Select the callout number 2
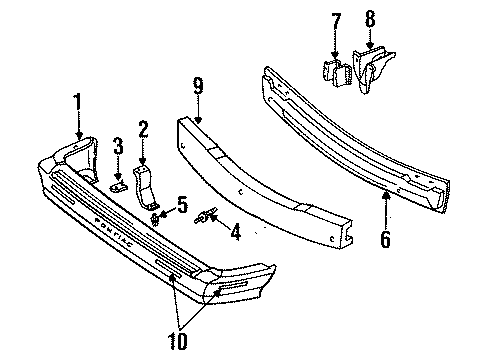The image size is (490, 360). pos(143,127)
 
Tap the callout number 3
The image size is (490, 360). pos(117,149)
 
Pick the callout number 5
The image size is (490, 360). pos(182,206)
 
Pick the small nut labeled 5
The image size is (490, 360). pos(156,215)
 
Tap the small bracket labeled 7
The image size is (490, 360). pos(334,71)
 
